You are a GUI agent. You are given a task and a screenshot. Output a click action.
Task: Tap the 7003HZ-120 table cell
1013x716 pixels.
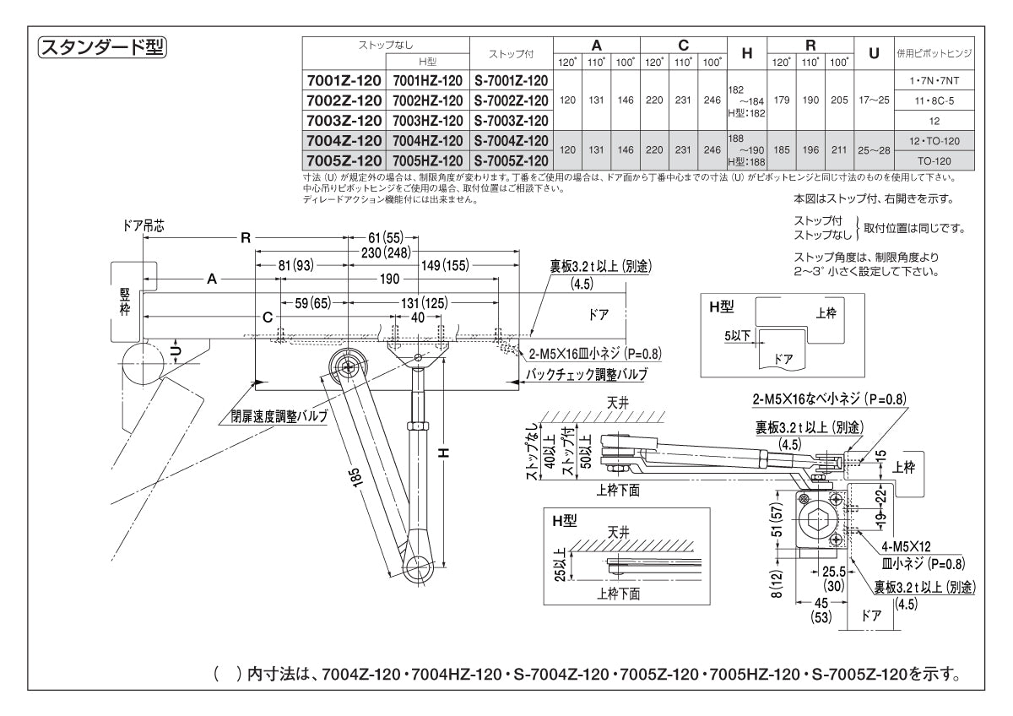pyautogui.click(x=428, y=121)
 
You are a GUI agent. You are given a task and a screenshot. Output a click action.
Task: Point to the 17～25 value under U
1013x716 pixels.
pyautogui.click(x=874, y=100)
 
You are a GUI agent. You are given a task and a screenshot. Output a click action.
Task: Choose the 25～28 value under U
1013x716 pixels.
pyautogui.click(x=874, y=150)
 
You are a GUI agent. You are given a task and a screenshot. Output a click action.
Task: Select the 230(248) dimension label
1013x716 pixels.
pyautogui.click(x=387, y=252)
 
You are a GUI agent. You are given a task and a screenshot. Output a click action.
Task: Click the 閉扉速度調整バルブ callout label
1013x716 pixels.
pyautogui.click(x=279, y=416)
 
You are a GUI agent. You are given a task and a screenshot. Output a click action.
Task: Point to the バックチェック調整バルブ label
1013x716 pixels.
pyautogui.click(x=586, y=373)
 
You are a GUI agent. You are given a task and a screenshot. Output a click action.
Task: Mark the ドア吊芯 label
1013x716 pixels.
pyautogui.click(x=142, y=227)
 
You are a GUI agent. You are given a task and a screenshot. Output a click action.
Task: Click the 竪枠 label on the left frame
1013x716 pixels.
pyautogui.click(x=124, y=301)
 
